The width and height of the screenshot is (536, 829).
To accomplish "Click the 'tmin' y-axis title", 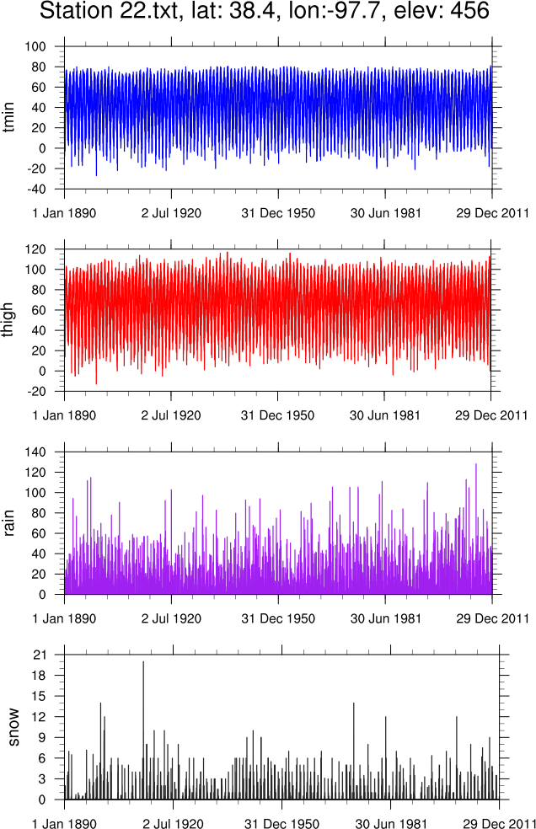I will coord(11,118).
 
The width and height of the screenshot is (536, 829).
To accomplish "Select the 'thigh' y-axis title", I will coord(11,320).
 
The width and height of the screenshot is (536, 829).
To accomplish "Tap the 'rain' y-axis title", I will coord(11,522).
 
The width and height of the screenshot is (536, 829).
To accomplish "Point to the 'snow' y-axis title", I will coord(11,727).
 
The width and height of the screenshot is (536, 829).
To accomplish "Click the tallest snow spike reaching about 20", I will coord(143,662).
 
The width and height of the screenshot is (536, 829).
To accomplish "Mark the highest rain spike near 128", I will coord(476,465).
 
